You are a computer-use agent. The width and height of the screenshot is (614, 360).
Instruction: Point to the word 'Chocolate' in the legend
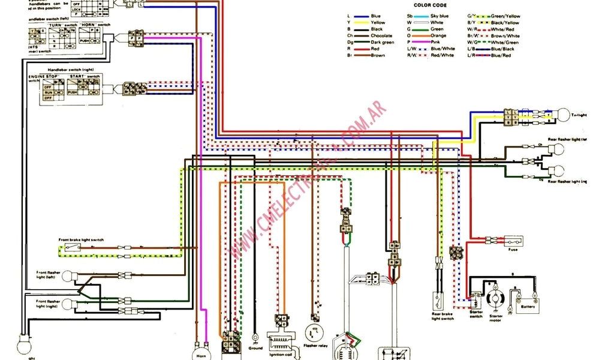tap(381, 36)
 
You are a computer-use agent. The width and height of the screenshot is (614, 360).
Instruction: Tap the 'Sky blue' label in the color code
tap(440, 16)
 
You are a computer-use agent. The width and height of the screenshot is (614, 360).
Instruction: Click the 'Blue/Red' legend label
tap(501, 56)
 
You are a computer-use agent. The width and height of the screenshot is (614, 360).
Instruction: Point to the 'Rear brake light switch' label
tap(443, 316)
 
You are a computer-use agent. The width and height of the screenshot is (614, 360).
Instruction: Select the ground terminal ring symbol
tap(255, 338)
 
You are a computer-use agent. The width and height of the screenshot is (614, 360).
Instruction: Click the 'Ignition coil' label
tap(280, 356)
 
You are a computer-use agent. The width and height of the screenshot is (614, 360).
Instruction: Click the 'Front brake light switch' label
tap(81, 240)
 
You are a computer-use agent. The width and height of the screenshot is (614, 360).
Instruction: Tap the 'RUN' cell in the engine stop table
tap(47, 93)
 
